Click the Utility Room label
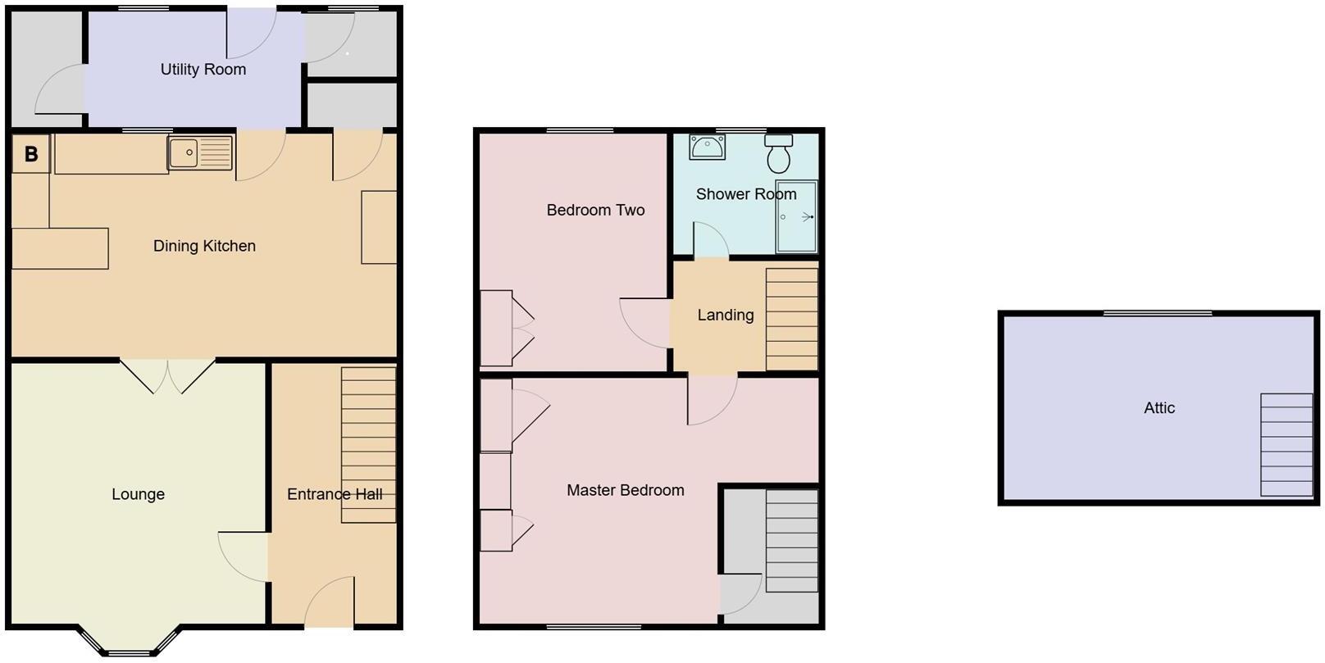coord(203,70)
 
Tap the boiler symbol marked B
coord(31,154)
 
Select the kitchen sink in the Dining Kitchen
coord(201,153)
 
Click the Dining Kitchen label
coord(204,246)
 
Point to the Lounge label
coord(138,494)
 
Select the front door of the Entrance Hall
coord(329,606)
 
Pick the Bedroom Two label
coord(595,210)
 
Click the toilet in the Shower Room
coord(778,153)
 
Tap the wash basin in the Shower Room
coord(707,148)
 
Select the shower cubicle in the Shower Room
coord(796,216)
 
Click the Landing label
coord(725,315)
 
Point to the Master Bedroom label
coord(625,490)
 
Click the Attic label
coord(1159,407)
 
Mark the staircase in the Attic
coord(1286,445)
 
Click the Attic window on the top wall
coord(1157,313)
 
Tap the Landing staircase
coord(791,320)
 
